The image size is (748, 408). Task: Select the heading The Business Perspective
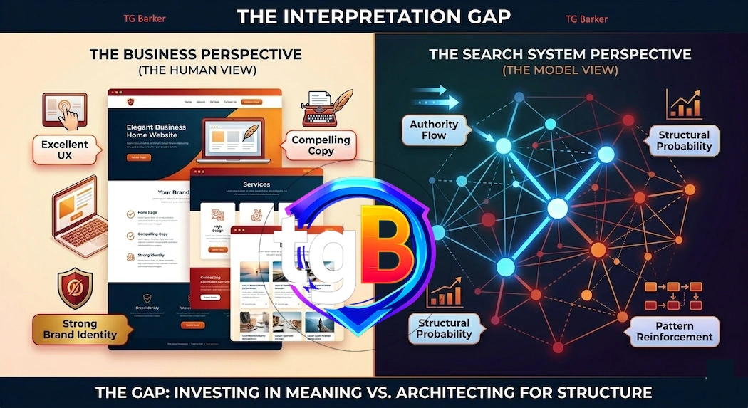coord(195,54)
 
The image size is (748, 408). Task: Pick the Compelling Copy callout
coord(321,145)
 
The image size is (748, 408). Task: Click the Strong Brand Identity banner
coord(80,329)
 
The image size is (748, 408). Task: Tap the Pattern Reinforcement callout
coord(674,332)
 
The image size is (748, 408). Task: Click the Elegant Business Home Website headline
coord(156,131)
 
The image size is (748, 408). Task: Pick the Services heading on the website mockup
coord(256,184)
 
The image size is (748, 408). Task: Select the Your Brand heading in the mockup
coord(173,192)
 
